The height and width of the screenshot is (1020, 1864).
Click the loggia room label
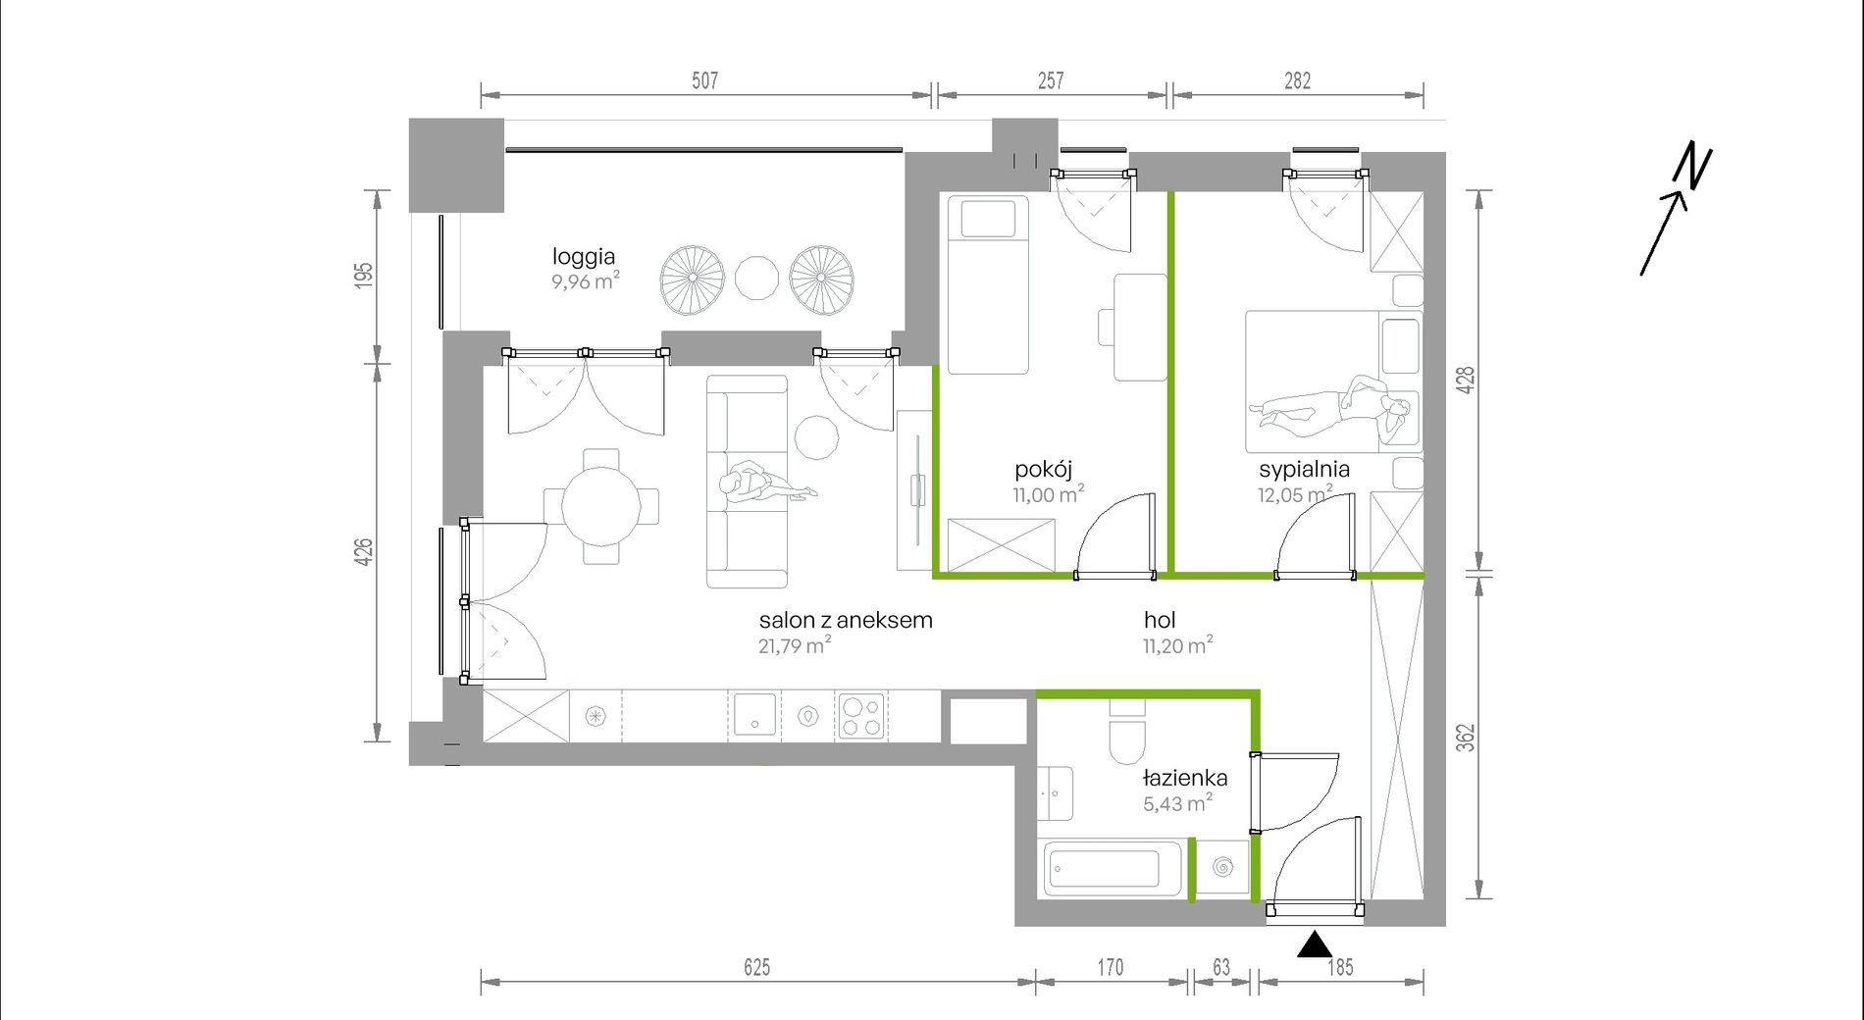[x=584, y=257]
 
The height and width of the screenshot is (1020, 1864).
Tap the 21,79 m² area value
[x=795, y=645]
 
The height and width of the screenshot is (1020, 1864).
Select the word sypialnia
[x=1304, y=470]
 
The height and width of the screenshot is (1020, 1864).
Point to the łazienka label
[x=1185, y=778]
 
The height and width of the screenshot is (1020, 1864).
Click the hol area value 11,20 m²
[x=1177, y=645]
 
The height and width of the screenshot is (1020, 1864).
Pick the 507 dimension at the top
[x=704, y=80]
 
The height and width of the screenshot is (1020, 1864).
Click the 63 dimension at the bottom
[x=1221, y=967]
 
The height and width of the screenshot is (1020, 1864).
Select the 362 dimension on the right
[x=1465, y=738]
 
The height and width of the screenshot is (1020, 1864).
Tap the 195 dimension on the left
[x=364, y=276]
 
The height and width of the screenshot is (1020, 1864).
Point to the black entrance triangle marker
[x=1315, y=944]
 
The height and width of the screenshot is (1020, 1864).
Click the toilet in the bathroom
[x=1127, y=736]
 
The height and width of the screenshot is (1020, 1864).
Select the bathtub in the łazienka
[x=1112, y=868]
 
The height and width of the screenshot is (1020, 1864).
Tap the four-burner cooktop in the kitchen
[x=860, y=716]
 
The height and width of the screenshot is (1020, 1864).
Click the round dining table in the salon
[x=601, y=506]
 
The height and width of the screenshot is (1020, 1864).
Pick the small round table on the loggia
[x=756, y=279]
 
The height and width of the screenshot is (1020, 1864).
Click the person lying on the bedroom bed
[x=1331, y=405]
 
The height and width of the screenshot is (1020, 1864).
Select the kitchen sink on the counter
[x=754, y=715]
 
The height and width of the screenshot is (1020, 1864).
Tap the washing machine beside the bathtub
[x=1222, y=868]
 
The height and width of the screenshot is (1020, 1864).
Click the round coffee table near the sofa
[x=816, y=437]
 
